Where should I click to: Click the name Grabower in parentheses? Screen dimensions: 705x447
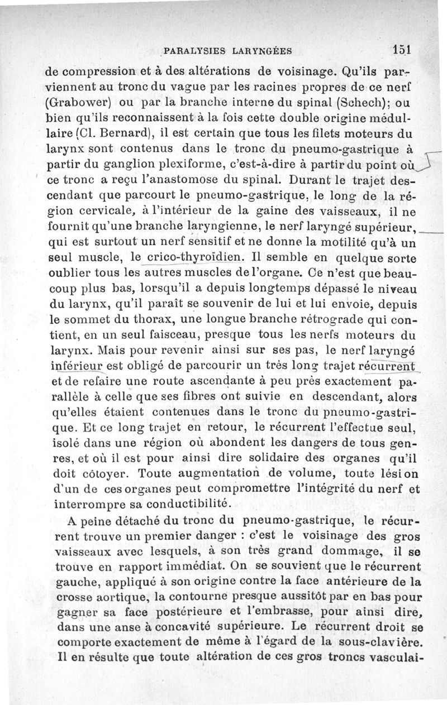point(88,104)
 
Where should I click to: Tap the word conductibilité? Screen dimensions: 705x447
point(182,503)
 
